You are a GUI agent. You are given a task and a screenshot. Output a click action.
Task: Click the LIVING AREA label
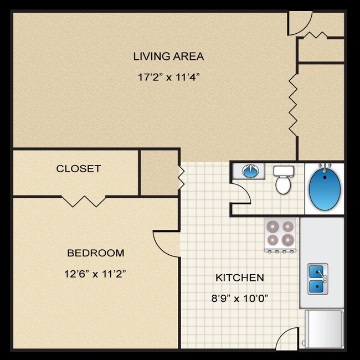coord(168,56)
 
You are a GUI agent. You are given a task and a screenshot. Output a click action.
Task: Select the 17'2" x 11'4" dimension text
coord(168,77)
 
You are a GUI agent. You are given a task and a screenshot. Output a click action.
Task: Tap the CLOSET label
coord(78,168)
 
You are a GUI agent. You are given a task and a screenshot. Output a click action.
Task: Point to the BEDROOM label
coord(95,253)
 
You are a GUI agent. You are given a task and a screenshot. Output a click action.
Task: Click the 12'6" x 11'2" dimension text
coord(95,273)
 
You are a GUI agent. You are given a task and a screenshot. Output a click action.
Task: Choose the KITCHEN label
coord(239,277)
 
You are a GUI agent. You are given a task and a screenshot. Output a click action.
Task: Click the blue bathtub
coord(324,187)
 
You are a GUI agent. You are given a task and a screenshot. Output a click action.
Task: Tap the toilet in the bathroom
coord(283,179)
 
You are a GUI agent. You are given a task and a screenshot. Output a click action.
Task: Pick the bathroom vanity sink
coord(250,171)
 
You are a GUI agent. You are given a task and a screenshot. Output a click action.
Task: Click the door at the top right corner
coord(300,22)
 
